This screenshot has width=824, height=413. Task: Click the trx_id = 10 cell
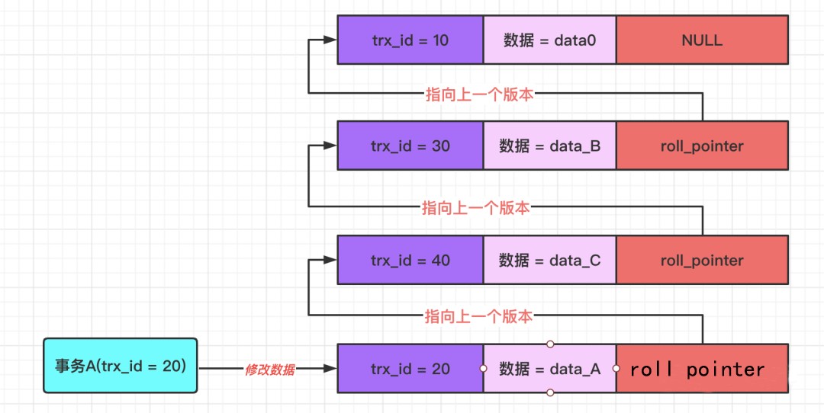410,40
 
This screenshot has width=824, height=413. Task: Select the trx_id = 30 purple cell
410,146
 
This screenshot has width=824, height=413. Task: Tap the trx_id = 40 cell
410,261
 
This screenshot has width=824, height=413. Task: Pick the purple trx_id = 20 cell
410,369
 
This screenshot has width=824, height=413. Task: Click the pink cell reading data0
549,40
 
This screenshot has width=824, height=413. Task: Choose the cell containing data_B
549,146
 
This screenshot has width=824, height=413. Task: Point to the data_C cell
549,261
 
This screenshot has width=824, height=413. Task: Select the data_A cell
549,369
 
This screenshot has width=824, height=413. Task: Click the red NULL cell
702,40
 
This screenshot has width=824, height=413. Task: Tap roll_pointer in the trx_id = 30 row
702,146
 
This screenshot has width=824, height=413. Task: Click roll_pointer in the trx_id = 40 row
702,261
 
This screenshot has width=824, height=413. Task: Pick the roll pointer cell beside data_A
702,370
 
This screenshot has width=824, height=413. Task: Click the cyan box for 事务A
120,366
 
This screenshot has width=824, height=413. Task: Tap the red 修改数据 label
269,370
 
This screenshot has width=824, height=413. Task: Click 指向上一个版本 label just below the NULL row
478,94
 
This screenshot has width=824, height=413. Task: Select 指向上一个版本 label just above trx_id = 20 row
478,315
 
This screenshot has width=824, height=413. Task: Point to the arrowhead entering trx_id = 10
332,40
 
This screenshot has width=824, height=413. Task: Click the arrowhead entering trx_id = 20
331,369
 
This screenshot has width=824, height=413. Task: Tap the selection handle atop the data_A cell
550,344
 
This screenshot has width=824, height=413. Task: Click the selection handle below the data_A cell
550,393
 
